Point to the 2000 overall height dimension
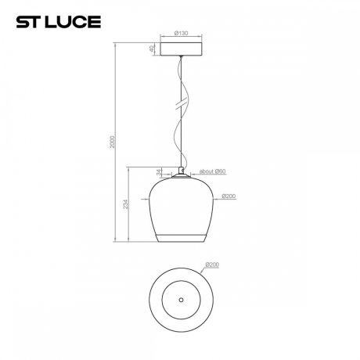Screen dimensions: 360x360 click(111, 141)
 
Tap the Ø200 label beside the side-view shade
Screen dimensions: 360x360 click(229, 196)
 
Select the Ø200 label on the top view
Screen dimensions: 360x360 click(211, 265)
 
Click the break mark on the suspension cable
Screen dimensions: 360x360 click(181, 102)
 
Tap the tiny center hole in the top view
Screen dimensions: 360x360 click(180, 300)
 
